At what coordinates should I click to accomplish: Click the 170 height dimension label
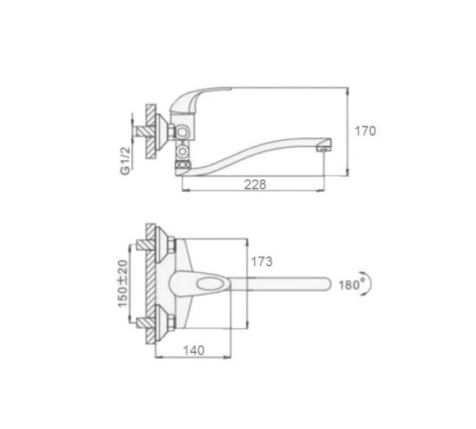tap(365, 131)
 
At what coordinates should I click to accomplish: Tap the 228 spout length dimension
tap(255, 184)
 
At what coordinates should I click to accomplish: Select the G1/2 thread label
tap(126, 160)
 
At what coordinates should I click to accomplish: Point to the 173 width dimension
tap(262, 261)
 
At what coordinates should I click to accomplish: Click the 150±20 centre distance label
tap(123, 284)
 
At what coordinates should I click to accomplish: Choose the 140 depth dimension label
tap(193, 351)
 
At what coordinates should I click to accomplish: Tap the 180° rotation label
tap(351, 284)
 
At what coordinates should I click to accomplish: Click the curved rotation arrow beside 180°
tap(367, 284)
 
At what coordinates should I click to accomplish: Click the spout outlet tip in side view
tap(324, 148)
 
